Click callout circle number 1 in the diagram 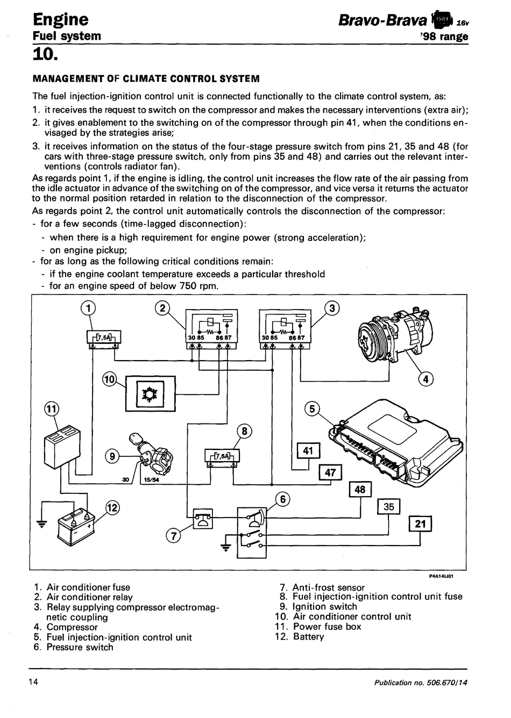coord(88,308)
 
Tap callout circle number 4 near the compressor coord(425,379)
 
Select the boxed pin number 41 coord(308,451)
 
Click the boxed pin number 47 coord(330,472)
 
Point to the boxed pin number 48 coord(360,490)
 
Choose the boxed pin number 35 coord(389,507)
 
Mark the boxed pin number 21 coord(420,523)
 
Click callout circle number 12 coord(112,507)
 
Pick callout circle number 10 coord(109,379)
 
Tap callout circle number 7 coord(173,536)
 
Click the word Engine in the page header coord(60,19)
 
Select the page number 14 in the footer coord(33,682)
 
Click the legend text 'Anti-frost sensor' coord(328,587)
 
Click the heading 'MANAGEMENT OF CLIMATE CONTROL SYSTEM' coord(146,79)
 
